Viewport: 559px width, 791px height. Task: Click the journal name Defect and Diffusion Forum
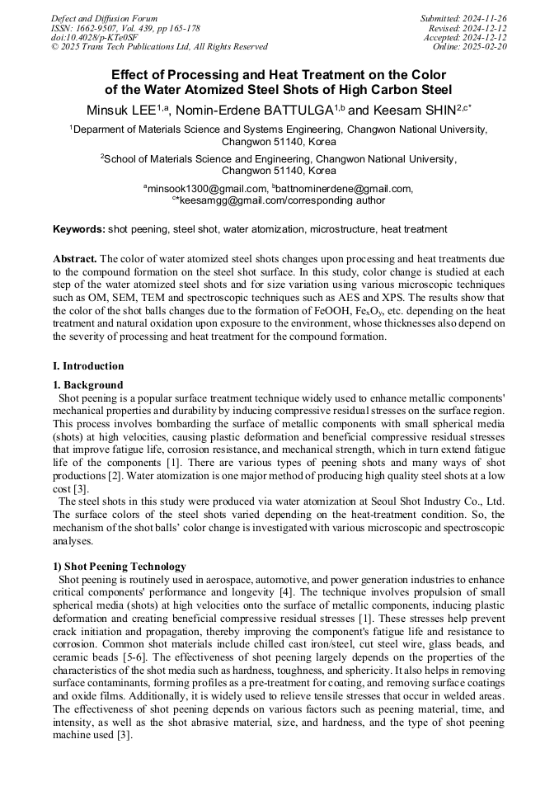tap(104, 18)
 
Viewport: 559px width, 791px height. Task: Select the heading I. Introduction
tap(88, 366)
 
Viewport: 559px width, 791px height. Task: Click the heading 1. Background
tap(88, 385)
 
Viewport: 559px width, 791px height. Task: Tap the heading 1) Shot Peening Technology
tap(120, 567)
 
